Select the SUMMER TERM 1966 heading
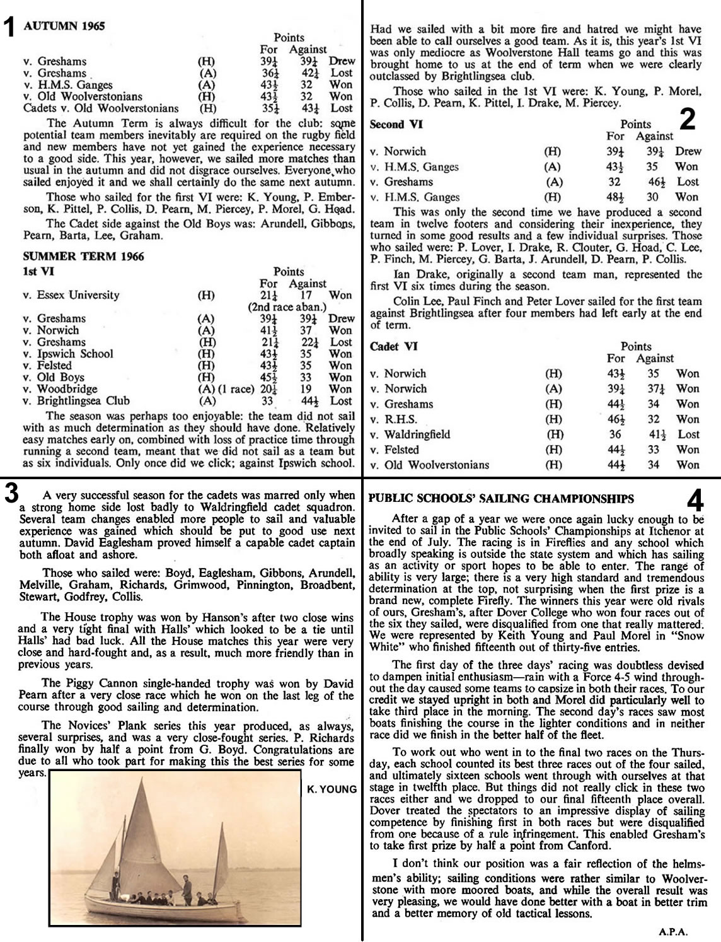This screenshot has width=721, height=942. pyautogui.click(x=83, y=257)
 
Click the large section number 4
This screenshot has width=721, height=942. pyautogui.click(x=695, y=501)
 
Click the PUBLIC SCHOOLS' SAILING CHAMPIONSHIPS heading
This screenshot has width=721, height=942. pyautogui.click(x=501, y=499)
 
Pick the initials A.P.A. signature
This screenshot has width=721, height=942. pyautogui.click(x=672, y=930)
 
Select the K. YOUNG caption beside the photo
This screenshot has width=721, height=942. pyautogui.click(x=332, y=789)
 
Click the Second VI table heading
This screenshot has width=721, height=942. pyautogui.click(x=396, y=124)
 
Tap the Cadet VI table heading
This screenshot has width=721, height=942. pyautogui.click(x=393, y=346)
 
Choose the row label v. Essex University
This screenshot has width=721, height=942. pyautogui.click(x=71, y=295)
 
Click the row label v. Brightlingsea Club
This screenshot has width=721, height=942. pyautogui.click(x=76, y=400)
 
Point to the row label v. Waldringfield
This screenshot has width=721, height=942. pyautogui.click(x=410, y=434)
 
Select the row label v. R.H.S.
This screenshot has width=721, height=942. pyautogui.click(x=393, y=419)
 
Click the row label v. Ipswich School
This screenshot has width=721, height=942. pyautogui.click(x=68, y=354)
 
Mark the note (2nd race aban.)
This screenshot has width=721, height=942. pyautogui.click(x=287, y=307)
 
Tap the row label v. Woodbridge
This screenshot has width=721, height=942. pyautogui.click(x=60, y=389)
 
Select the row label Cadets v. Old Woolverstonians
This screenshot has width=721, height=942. pyautogui.click(x=100, y=108)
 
